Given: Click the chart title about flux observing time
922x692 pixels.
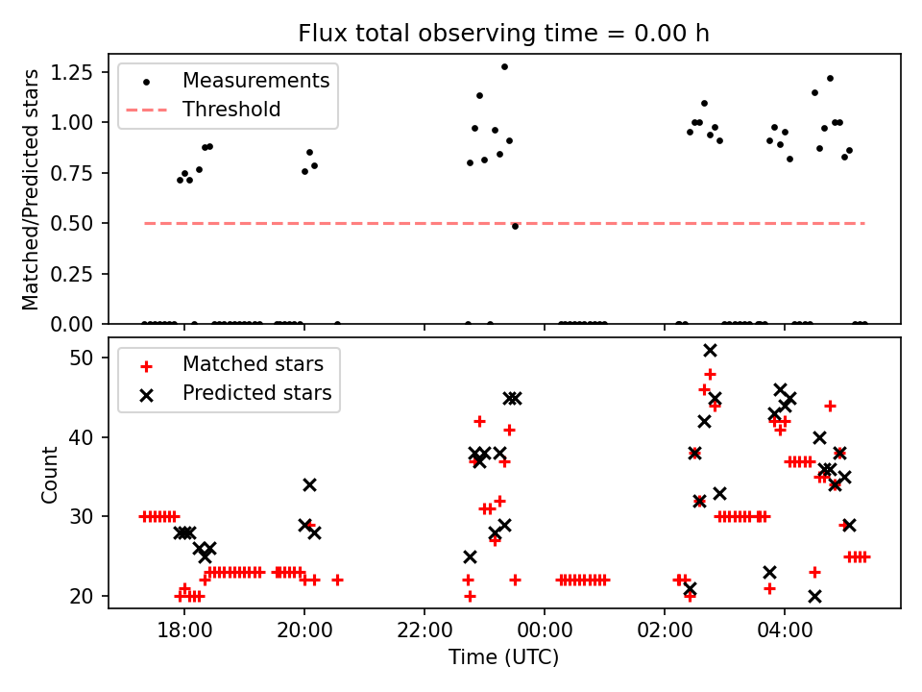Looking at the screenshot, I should (503, 34).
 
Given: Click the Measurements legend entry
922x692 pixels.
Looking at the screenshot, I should (255, 80).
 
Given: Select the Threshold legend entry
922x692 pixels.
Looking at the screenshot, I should (231, 110).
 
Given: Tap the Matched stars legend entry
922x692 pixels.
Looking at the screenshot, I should (253, 364).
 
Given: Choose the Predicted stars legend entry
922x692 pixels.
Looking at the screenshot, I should (256, 392).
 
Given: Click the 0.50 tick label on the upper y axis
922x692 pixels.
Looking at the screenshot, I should (85, 223).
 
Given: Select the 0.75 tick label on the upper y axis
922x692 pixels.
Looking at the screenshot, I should (85, 173).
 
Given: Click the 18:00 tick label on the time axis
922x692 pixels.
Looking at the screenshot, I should (184, 631).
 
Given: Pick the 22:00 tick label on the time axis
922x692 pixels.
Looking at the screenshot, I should (425, 631).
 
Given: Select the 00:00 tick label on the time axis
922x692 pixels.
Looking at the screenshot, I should (545, 631).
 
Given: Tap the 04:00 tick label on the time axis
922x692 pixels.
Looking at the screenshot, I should (785, 631).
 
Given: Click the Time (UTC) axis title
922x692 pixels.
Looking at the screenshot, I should (503, 658).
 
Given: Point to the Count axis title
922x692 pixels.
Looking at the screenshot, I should (49, 474).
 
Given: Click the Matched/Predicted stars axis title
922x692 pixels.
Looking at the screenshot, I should (31, 189).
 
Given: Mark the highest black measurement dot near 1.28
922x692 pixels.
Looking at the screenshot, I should (504, 66).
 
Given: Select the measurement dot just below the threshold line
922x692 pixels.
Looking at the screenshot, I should (515, 226).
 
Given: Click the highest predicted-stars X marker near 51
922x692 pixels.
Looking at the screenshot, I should (710, 351).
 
